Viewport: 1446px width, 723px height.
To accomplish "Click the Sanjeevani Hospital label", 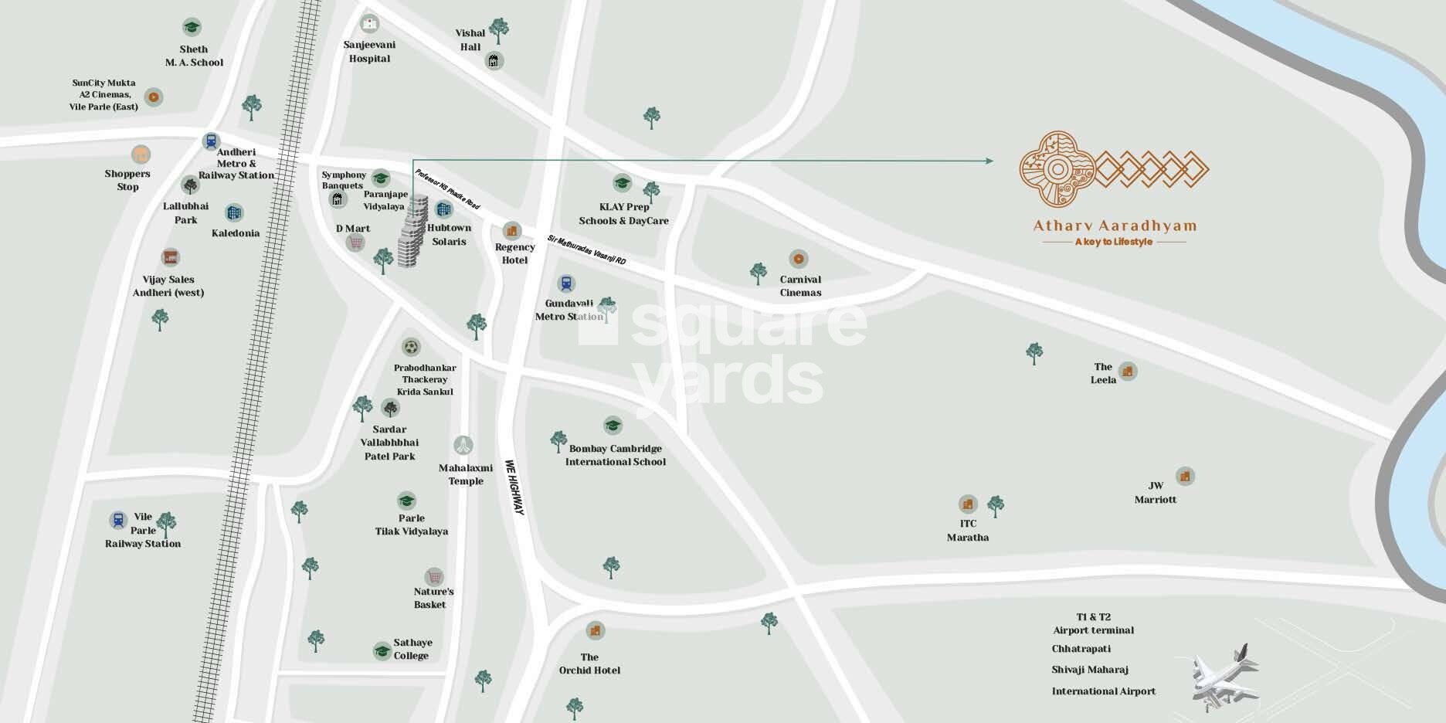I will pos(369,52).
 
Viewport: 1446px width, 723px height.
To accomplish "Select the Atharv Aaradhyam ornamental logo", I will pos(1113,170).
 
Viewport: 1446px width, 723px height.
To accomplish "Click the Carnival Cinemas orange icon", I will pos(799,259).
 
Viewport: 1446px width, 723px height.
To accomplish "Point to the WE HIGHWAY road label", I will pos(514,487).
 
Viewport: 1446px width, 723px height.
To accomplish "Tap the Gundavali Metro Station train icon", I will pos(566,284).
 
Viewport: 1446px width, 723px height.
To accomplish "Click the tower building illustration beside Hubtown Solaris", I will pos(412,232).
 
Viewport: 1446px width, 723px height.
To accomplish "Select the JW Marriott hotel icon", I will pos(1184,476).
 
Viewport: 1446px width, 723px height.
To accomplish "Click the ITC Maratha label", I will pos(967,531).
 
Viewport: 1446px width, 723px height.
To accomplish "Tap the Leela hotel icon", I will pos(1128,372).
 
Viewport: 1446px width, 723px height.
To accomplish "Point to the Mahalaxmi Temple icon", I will pos(463,445).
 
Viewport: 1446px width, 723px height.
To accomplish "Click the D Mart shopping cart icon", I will pos(355,243).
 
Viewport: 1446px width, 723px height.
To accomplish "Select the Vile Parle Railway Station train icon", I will pos(118,520).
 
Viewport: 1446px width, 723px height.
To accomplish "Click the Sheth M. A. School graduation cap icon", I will pos(192,28).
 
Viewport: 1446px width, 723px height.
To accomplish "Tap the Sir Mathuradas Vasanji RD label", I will pos(586,250).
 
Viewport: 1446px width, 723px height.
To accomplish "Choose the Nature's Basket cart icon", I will pos(434,577).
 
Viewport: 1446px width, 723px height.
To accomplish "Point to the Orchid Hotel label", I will pos(589,664).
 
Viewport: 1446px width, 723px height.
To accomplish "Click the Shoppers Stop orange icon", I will pos(140,154).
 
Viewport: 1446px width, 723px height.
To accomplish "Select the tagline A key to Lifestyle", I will pos(1113,242).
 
